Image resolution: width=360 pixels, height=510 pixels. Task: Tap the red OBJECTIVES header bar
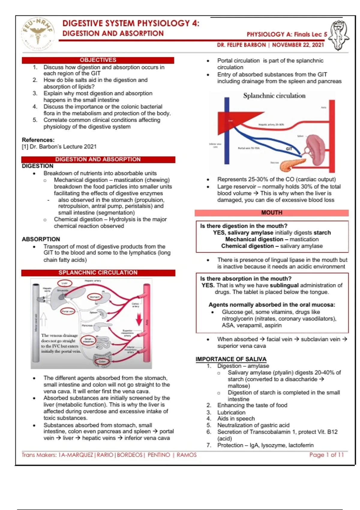pos(98,60)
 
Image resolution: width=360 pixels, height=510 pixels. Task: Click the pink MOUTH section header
pos(271,213)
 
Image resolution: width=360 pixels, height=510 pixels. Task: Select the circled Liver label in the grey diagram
pos(64,283)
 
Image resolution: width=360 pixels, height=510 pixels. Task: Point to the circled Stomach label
pos(94,297)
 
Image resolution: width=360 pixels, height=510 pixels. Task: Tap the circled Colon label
pos(102,361)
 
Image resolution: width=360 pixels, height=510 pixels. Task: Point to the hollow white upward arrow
pos(43,319)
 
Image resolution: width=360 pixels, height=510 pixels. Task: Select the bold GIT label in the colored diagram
pos(289,149)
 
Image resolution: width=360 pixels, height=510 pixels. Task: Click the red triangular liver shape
pos(237,123)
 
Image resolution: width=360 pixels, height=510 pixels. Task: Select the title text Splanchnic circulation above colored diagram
pos(274,96)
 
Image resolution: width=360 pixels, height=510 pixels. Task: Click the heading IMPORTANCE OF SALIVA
pos(231,359)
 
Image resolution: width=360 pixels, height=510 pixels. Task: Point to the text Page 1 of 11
pos(326,455)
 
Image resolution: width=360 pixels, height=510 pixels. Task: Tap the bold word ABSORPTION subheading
pos(41,239)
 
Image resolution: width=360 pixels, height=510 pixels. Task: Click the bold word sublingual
pos(284,285)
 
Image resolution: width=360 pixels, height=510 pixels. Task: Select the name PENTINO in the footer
pos(159,455)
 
